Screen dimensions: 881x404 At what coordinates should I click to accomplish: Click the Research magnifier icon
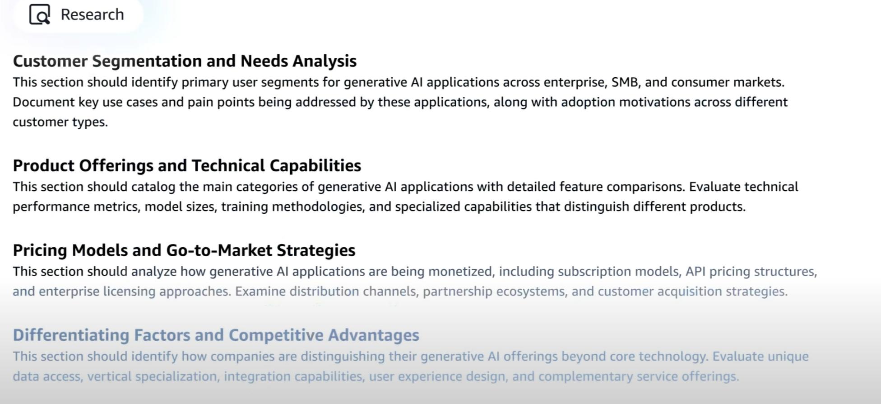point(40,14)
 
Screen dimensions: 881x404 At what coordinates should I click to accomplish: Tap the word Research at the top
point(92,14)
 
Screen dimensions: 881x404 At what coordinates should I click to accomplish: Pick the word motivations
point(654,102)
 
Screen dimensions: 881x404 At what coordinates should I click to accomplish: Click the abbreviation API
point(696,271)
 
